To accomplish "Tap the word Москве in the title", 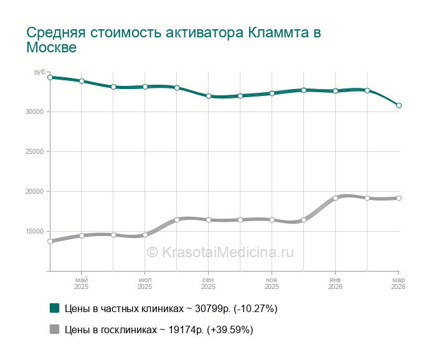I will (x=51, y=47).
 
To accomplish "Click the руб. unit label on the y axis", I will (x=39, y=73).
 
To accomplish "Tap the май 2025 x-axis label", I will (x=82, y=283).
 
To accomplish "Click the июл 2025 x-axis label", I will (x=145, y=283).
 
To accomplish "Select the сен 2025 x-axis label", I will (x=208, y=283).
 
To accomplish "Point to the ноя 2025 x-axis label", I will (x=272, y=283).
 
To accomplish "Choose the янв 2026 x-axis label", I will (x=335, y=283).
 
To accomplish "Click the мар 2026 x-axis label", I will (x=398, y=283).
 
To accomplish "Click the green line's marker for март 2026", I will (x=399, y=105).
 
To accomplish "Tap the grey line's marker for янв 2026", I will (x=335, y=198).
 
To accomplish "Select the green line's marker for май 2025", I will (x=82, y=81).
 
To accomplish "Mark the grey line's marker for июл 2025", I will (x=145, y=235).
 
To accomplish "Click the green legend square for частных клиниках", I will (x=54, y=308).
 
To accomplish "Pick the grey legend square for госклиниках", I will (x=54, y=329).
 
